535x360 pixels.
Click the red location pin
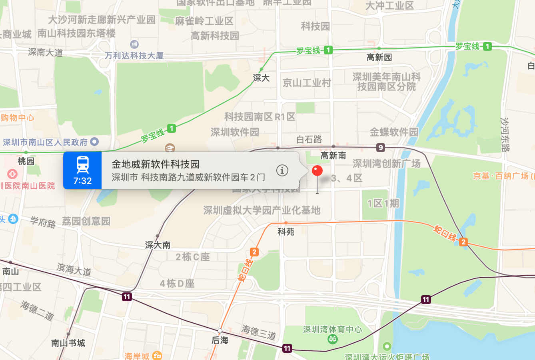pos(317,171)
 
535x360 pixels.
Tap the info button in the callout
pos(282,170)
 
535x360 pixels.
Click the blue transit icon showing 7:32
pos(82,170)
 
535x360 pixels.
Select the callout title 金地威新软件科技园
pos(155,164)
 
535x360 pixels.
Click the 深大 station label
pos(261,78)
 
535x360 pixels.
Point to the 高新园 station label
pos(379,58)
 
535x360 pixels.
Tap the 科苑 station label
pos(286,232)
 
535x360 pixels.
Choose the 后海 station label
pos(220,340)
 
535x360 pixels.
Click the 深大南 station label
pos(158,245)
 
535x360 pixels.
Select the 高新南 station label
pos(333,156)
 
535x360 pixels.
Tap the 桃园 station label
pos(26,161)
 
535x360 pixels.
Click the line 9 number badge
pos(381,148)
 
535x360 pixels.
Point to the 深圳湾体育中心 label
pos(332,329)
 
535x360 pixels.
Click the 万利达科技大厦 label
pos(134,56)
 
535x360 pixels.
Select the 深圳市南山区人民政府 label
pos(45,142)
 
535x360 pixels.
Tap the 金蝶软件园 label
pos(394,132)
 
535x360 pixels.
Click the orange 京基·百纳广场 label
pos(501,176)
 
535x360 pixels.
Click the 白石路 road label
pos(309,139)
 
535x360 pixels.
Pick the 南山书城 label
pos(68,343)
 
